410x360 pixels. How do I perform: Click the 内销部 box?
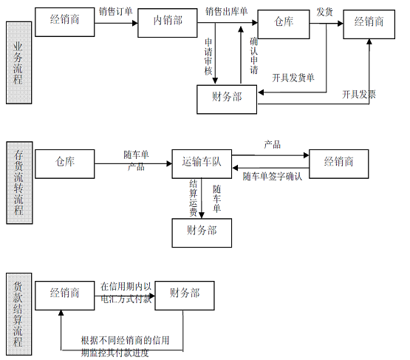tap(168, 23)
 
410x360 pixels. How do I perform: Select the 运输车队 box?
tap(202, 164)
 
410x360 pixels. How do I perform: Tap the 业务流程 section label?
tap(18, 63)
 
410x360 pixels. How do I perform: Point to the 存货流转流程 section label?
tap(19, 183)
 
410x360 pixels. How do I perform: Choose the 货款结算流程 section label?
tap(18, 314)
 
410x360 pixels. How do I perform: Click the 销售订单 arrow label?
tap(115, 12)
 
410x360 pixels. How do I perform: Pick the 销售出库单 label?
tap(227, 12)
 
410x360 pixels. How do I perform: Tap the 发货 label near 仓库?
tap(324, 12)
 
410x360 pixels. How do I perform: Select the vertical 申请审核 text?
tap(208, 56)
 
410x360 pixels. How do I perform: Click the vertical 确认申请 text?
tap(254, 55)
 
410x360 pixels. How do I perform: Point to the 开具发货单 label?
tap(293, 78)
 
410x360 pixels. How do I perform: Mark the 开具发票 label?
tap(359, 94)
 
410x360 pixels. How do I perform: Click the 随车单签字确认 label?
tap(273, 177)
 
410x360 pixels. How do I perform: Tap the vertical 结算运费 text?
tap(194, 198)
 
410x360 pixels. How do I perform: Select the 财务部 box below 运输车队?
tap(202, 233)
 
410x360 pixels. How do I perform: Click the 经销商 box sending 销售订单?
tap(64, 22)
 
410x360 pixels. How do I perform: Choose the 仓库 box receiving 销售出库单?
tap(284, 24)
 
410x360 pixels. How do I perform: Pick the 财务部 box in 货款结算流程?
tap(185, 296)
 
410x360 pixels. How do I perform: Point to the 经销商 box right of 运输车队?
tap(339, 164)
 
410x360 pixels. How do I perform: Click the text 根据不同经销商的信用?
tap(126, 340)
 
